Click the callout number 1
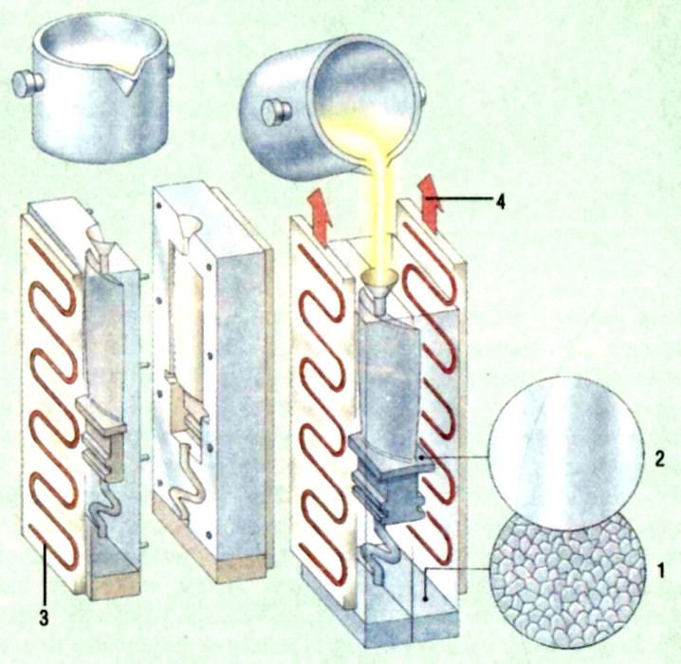tap(660, 570)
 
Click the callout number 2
tap(660, 459)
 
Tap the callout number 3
tap(44, 618)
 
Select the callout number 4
tap(501, 202)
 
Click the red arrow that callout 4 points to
tap(430, 203)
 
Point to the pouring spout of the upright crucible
tap(129, 78)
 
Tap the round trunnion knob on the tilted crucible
tap(275, 112)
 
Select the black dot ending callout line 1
tap(426, 598)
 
